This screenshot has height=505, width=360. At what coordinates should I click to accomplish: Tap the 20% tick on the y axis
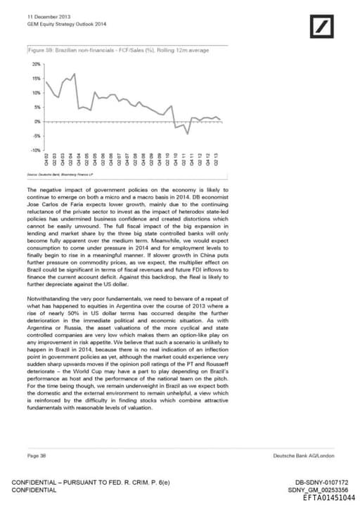click(37, 64)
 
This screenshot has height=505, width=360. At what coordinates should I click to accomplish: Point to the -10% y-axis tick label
click(35, 151)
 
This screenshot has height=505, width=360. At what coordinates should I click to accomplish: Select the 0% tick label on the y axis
click(38, 122)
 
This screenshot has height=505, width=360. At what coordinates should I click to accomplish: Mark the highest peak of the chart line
click(75, 73)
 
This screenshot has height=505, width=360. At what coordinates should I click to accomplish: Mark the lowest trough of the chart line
click(188, 133)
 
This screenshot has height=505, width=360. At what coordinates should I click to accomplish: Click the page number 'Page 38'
click(37, 456)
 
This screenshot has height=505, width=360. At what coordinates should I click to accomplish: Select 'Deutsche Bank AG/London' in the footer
click(304, 456)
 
